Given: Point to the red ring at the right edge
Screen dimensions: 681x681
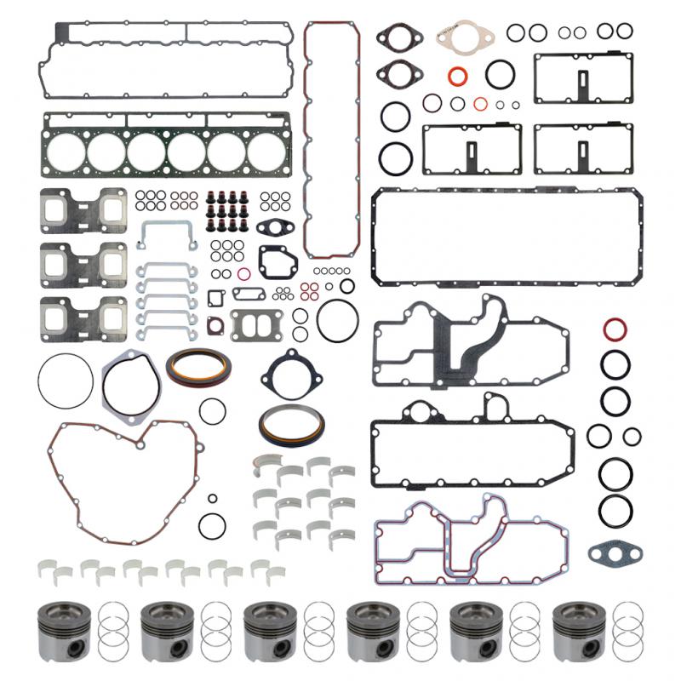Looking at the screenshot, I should (x=615, y=329).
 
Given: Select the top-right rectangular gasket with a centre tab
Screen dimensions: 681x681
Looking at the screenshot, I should (x=583, y=78).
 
